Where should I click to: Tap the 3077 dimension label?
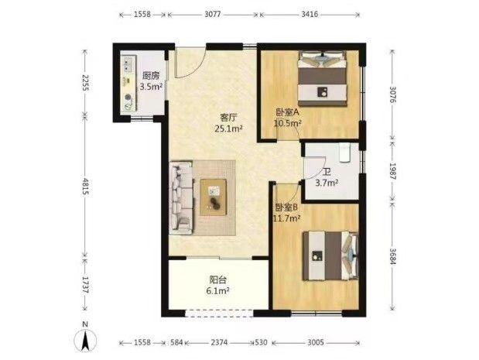click(212, 15)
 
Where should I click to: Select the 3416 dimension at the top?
click(310, 15)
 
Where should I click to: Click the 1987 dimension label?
click(392, 171)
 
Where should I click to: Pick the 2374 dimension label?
click(219, 342)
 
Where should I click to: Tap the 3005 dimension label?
click(315, 342)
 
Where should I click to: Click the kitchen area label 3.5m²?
click(151, 87)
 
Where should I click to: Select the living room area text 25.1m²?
click(229, 129)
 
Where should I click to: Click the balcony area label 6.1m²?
click(217, 291)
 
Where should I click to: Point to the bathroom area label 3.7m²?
click(327, 183)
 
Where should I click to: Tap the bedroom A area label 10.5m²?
click(287, 123)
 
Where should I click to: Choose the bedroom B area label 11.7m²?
click(286, 218)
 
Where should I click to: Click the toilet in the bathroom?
click(344, 153)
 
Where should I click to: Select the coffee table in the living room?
click(213, 197)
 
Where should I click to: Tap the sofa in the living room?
click(181, 198)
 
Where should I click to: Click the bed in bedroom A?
click(322, 78)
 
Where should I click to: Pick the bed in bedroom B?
click(330, 255)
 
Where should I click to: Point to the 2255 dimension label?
click(85, 83)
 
